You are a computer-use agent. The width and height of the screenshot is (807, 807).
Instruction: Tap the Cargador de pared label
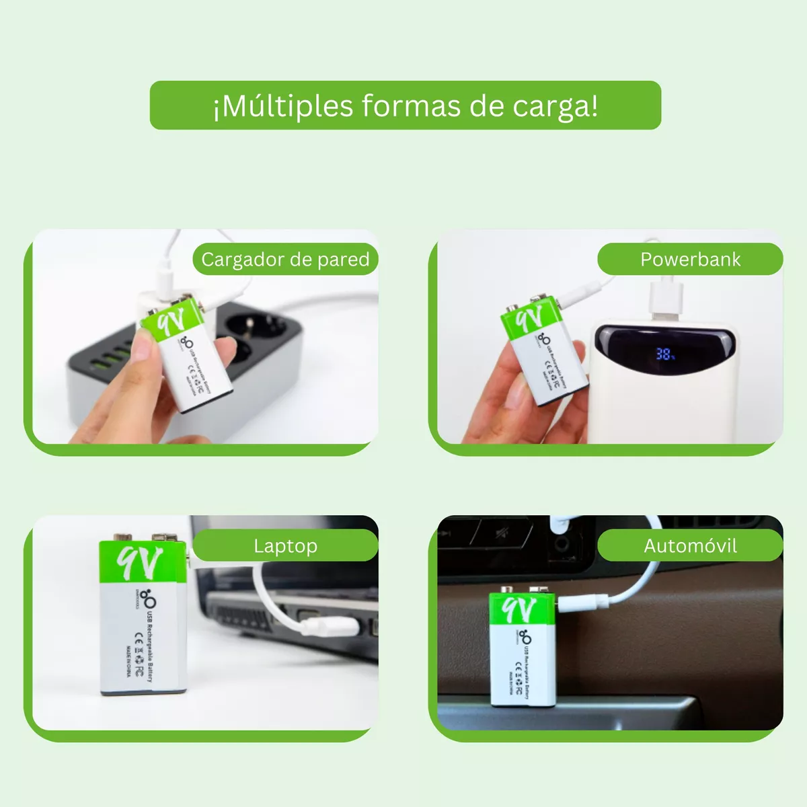285,260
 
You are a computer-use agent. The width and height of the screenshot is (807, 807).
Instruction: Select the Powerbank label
690,260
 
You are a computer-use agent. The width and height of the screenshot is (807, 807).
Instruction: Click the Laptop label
285,546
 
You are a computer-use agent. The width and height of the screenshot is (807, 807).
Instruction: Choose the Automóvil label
690,546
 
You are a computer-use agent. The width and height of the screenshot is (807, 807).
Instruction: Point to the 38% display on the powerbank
665,353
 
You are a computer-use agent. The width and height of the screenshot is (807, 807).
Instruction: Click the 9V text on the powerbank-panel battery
529,321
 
